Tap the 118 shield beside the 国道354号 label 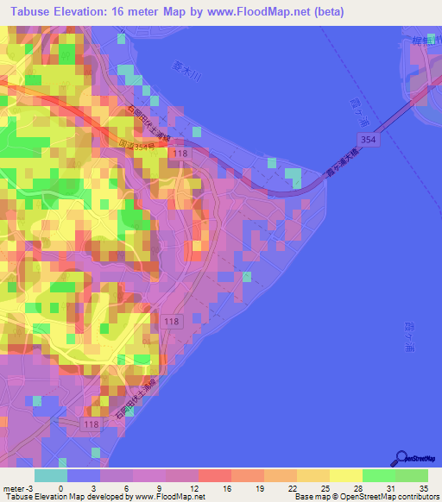click(x=180, y=153)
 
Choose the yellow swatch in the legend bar click(x=344, y=475)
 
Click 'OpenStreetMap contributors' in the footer click(x=392, y=497)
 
